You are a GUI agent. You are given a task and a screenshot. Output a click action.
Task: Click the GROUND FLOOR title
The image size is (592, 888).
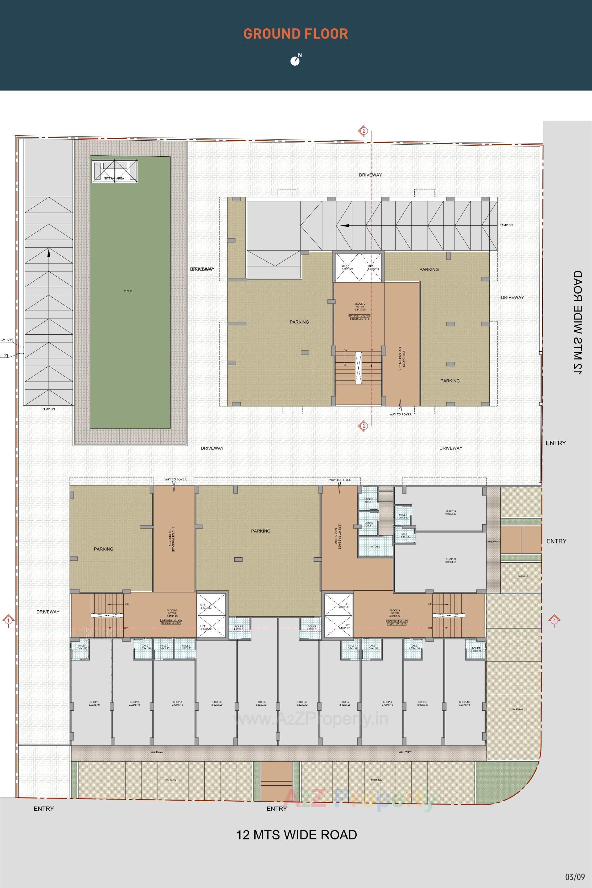click(296, 34)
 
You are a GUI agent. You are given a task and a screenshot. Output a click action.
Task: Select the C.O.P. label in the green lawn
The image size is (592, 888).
click(128, 291)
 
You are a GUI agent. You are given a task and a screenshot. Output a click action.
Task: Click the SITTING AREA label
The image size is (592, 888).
click(114, 178)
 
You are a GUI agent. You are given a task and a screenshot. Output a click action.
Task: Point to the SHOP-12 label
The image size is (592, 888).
click(451, 513)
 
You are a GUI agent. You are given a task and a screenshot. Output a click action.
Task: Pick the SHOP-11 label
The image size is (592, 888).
click(451, 560)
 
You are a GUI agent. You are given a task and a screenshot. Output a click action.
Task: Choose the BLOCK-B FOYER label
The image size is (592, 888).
click(172, 613)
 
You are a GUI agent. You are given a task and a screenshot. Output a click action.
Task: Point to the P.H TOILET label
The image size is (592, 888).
click(375, 547)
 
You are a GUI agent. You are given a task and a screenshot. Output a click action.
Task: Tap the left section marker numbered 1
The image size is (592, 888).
click(8, 620)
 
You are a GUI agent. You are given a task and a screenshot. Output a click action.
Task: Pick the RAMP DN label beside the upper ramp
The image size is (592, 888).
click(506, 225)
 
